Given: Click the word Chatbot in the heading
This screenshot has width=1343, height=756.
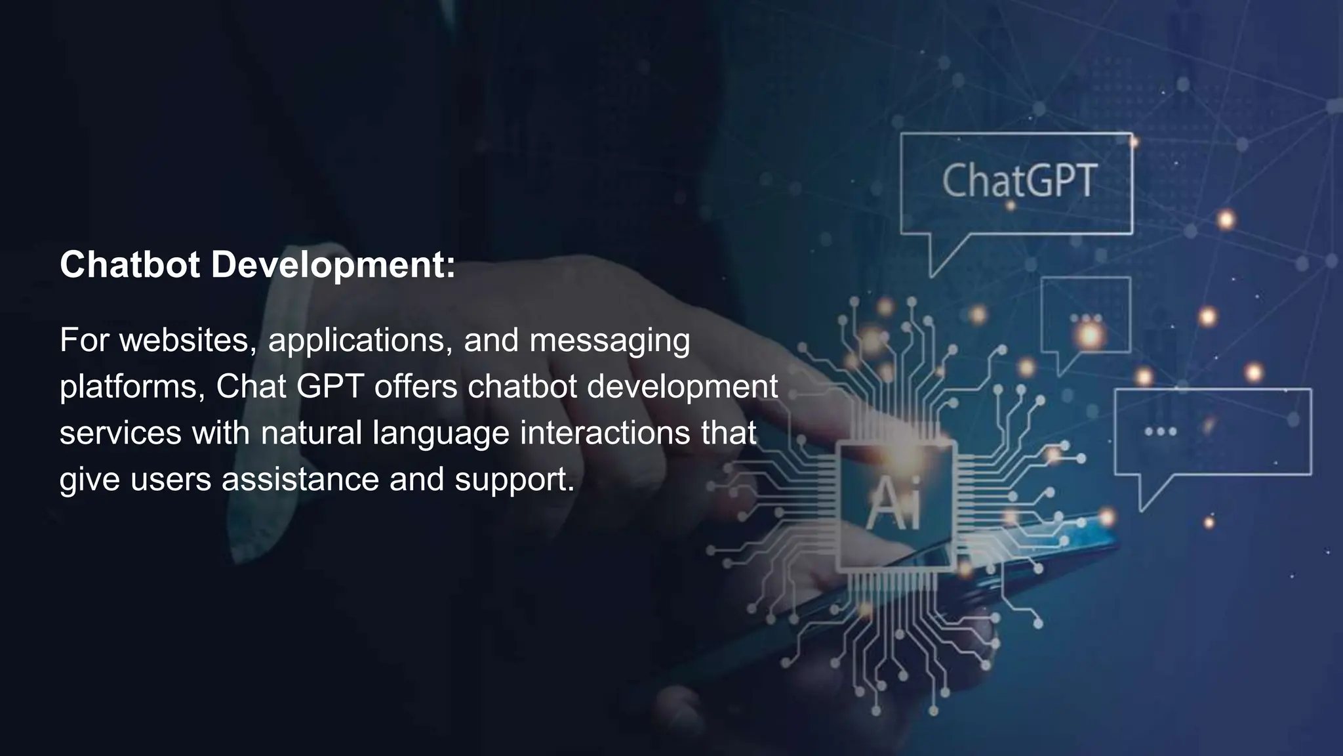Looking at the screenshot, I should [x=130, y=264].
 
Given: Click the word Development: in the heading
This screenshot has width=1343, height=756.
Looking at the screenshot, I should [x=333, y=266].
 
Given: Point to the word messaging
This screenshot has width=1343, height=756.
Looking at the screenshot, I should [x=609, y=341].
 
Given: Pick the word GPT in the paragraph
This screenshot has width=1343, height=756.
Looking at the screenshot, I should [x=330, y=387].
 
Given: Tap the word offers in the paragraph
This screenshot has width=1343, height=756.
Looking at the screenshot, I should [x=416, y=387].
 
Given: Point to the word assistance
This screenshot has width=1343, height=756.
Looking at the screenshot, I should [x=300, y=479].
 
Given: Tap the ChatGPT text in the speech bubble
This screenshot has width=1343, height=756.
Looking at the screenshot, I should [x=1019, y=181].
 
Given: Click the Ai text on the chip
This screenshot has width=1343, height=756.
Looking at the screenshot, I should [x=894, y=503].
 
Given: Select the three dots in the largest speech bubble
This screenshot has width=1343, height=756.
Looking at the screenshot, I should [x=1160, y=432].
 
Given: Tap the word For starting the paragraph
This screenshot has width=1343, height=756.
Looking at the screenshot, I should [x=84, y=340].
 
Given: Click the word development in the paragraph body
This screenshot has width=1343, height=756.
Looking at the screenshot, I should [x=682, y=387].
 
